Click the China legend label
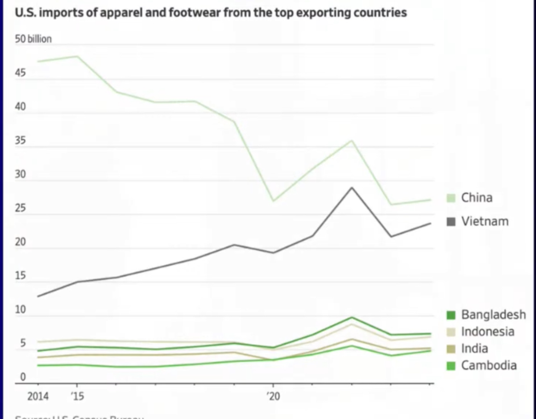click(477, 198)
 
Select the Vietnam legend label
click(485, 221)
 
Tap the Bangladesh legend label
click(493, 315)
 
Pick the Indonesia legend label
click(487, 332)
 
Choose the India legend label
click(474, 348)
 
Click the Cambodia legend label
click(489, 365)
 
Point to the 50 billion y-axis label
click(33, 39)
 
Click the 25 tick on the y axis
click(21, 208)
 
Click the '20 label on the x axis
click(273, 395)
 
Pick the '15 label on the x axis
click(77, 395)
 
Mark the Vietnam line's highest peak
click(352, 187)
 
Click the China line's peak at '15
click(77, 56)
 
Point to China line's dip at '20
click(273, 201)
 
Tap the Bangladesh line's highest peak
click(352, 317)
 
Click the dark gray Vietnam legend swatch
click(451, 221)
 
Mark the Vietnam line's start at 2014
click(38, 296)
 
